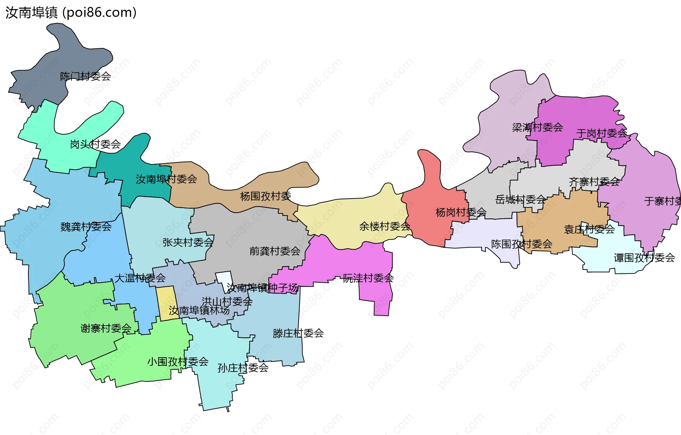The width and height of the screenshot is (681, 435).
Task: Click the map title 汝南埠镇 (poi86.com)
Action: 71,13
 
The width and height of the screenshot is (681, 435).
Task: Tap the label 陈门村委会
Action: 85,76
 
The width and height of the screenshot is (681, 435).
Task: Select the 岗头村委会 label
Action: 95,144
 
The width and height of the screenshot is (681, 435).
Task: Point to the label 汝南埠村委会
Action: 166,179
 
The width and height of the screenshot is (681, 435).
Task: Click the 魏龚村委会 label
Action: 86,227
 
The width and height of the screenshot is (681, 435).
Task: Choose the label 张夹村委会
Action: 188,243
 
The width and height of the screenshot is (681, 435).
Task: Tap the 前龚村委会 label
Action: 275,251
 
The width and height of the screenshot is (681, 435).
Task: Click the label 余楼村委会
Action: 385,226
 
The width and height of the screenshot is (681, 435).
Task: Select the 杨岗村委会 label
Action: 461,212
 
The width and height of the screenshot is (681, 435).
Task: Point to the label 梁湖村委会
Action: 537,127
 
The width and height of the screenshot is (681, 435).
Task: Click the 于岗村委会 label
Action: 602,134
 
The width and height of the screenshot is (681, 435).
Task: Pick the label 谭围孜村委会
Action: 644,258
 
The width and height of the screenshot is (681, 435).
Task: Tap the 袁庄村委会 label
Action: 589,229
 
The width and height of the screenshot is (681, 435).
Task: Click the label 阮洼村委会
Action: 368,278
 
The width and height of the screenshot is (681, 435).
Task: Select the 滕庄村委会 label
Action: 298,333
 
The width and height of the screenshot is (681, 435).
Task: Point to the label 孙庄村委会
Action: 243,368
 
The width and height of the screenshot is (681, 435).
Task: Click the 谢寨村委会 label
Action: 106,328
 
